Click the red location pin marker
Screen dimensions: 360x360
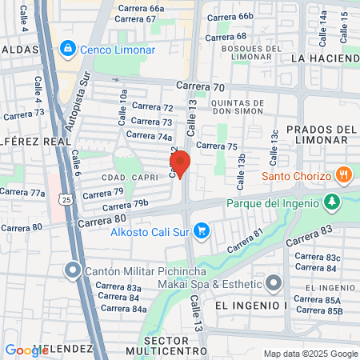180,164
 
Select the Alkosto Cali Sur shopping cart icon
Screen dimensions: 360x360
202,232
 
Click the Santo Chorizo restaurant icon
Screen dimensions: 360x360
344,174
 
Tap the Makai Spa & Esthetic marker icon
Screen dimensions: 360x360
274,283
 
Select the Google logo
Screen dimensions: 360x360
26,350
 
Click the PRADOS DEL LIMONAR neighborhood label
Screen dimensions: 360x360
317,134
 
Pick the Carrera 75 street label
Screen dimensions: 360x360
217,146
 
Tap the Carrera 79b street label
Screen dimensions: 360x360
126,203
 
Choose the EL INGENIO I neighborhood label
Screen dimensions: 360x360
239,305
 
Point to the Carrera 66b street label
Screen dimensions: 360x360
230,16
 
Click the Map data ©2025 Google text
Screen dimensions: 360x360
311,354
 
